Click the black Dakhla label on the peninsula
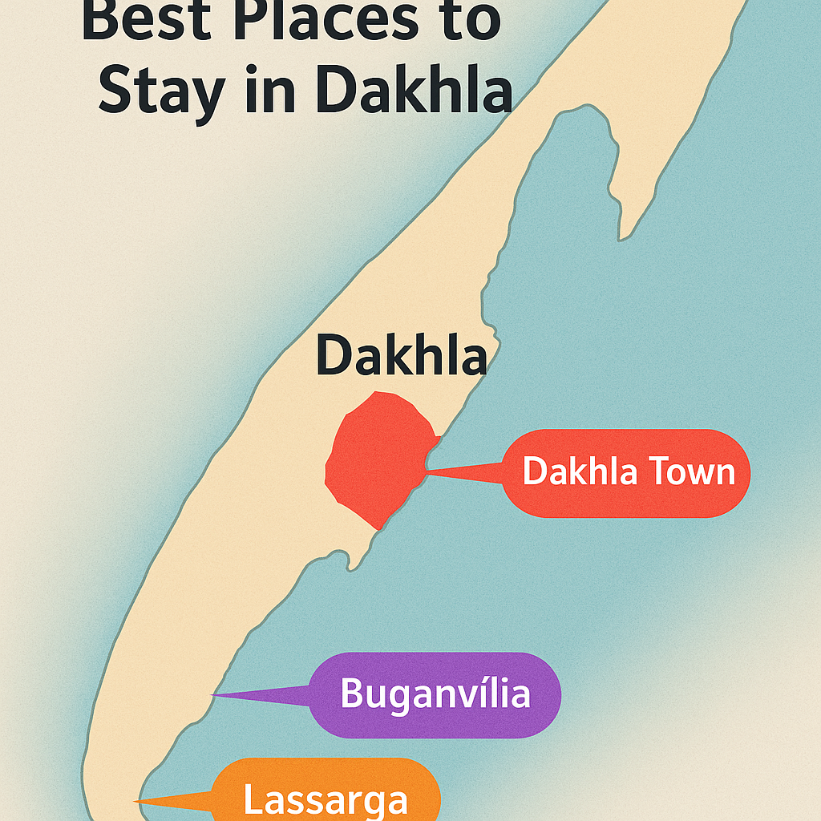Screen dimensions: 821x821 point(401,356)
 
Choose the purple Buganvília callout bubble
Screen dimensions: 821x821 point(435,694)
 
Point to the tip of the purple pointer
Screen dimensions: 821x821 point(212,695)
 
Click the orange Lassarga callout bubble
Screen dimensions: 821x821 point(327,794)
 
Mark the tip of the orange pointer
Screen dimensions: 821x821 point(135,801)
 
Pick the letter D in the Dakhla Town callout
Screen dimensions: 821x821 point(535,472)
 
